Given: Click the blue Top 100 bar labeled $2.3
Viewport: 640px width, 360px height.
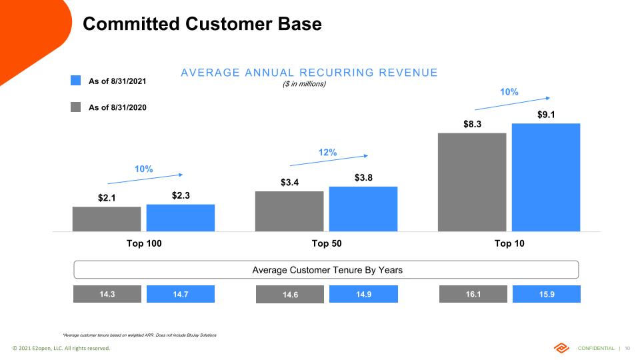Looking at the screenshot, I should [x=180, y=218].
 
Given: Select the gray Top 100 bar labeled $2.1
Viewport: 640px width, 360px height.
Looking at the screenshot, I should [x=107, y=219].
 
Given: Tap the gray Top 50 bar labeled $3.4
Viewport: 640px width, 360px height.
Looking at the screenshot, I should [x=289, y=211].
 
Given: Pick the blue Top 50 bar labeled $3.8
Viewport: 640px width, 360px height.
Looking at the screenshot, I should [x=363, y=209].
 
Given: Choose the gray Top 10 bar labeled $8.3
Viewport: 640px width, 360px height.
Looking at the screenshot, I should [x=472, y=182].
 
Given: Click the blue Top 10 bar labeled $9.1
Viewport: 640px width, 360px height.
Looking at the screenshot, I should [x=546, y=177].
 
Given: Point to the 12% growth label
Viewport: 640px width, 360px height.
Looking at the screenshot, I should [x=327, y=153].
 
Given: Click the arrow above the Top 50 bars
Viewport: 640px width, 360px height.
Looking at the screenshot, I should [x=329, y=161].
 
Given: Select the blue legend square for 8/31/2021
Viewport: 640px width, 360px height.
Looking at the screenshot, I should [x=76, y=81].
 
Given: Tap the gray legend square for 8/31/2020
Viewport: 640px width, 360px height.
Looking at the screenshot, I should [x=76, y=107].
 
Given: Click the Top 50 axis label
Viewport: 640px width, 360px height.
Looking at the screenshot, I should [x=327, y=243].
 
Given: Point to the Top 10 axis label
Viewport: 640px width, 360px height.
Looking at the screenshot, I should [x=509, y=243].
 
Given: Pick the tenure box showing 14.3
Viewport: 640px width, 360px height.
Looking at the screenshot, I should [x=107, y=294].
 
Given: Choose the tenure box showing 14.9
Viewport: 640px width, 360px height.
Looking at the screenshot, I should [x=363, y=294].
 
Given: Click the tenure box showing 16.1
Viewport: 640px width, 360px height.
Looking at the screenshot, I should [x=472, y=294].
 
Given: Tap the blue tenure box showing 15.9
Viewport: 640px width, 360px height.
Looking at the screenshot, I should [x=547, y=294].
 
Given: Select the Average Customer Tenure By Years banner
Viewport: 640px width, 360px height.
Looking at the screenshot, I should [x=326, y=270].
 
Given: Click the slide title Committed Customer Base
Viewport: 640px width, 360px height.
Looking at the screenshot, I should [x=202, y=25].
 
